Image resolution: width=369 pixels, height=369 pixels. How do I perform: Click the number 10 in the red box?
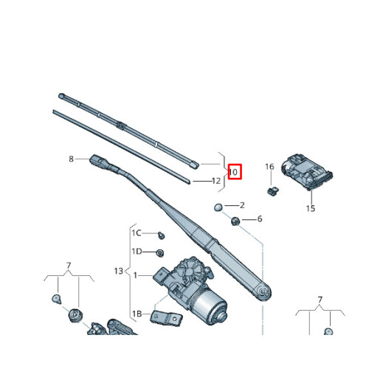pyautogui.click(x=233, y=172)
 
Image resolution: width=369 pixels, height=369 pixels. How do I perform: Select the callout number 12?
pyautogui.click(x=216, y=181)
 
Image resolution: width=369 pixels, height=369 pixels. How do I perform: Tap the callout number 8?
pyautogui.click(x=71, y=159)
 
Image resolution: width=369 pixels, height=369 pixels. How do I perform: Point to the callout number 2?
pyautogui.click(x=241, y=205)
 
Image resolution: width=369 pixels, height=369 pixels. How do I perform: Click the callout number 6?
pyautogui.click(x=259, y=219)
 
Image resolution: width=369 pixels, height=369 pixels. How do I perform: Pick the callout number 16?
pyautogui.click(x=270, y=168)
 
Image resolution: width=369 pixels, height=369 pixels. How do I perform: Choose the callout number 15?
pyautogui.click(x=311, y=209)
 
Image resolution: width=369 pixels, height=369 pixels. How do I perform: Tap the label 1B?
pyautogui.click(x=137, y=314)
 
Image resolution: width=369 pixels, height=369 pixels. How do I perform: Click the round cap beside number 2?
pyautogui.click(x=219, y=206)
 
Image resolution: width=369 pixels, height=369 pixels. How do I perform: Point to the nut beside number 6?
pyautogui.click(x=235, y=221)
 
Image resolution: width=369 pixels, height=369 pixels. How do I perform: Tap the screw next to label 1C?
pyautogui.click(x=162, y=235)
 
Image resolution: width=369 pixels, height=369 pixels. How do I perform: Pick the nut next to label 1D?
pyautogui.click(x=160, y=252)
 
